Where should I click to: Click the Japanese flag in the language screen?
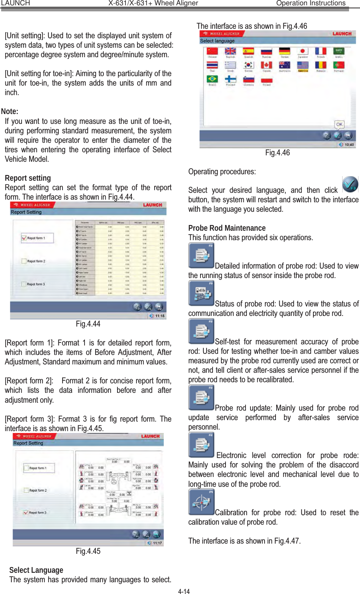click(302, 52)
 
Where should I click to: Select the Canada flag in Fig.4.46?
click(266, 65)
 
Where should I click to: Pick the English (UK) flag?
click(230, 52)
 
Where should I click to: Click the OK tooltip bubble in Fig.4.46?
click(339, 124)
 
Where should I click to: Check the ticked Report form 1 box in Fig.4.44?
click(24, 238)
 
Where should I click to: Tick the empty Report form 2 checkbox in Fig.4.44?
click(24, 261)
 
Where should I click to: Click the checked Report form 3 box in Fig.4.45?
click(26, 513)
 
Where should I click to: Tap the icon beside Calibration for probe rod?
click(201, 502)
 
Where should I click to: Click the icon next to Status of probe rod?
click(201, 293)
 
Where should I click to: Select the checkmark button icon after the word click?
click(350, 184)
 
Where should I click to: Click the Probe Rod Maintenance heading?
click(227, 228)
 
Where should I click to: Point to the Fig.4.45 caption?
click(88, 551)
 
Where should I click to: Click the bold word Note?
click(9, 111)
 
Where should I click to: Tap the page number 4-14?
click(184, 591)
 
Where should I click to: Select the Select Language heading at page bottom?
click(36, 570)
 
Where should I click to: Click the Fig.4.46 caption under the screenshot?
click(277, 153)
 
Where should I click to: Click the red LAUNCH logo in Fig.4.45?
click(150, 436)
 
